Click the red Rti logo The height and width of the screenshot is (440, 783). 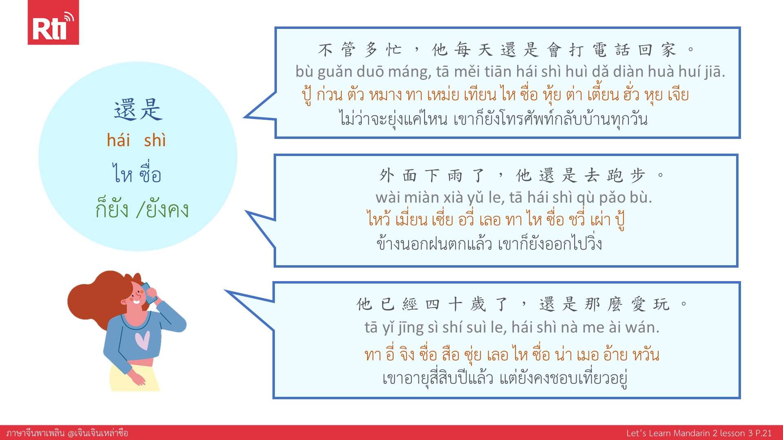pos(53,22)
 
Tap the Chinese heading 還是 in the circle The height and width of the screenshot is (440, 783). pos(138,110)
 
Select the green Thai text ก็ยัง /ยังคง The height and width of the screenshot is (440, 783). pos(142,209)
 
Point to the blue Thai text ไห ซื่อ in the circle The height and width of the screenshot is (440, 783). pos(137,174)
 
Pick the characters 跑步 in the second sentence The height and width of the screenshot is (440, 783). pos(626,176)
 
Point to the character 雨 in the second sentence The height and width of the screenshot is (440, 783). pos(455,176)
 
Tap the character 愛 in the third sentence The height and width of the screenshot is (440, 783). pos(639,304)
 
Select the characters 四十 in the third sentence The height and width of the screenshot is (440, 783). pos(444,304)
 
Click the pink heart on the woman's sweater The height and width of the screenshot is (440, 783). pos(142,340)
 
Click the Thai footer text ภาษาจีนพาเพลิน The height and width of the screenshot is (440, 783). pos(35,433)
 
